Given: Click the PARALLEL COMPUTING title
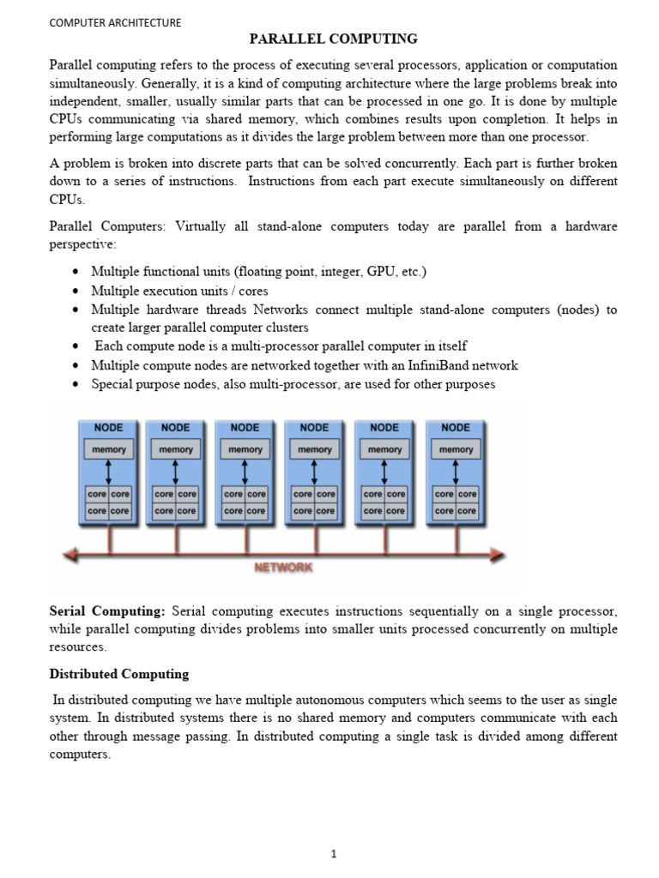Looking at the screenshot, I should coord(333,39).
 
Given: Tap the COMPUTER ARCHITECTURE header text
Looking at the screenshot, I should coord(114,23).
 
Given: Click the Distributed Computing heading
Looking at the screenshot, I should coord(118,674).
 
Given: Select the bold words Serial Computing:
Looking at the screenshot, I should coord(106,611).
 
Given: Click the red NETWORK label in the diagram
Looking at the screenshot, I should coord(283,567).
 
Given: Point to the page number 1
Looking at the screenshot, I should coord(334,830).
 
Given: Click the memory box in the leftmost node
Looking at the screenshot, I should coord(107,449).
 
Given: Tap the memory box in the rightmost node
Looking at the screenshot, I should coord(456,449).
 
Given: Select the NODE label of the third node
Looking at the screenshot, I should coord(245,428).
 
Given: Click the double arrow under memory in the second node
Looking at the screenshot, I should coord(176,472).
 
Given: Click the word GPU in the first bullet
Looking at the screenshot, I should coord(380,272).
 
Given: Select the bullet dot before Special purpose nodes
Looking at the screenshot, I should coord(77,385).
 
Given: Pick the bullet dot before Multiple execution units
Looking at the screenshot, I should coord(77,292).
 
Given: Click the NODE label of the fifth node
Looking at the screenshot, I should coord(384,428).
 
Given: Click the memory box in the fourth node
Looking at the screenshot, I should coord(315,449).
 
